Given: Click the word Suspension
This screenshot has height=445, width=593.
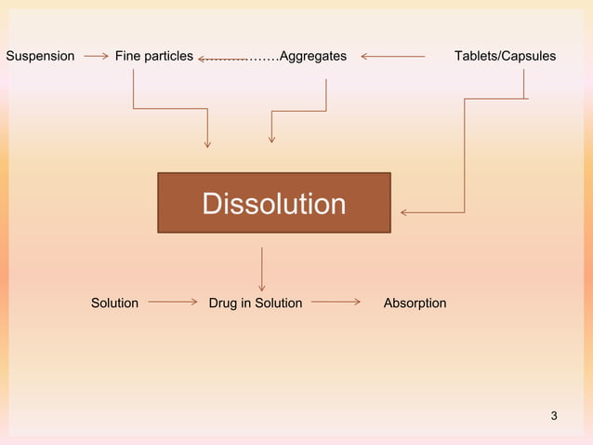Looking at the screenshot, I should tap(40, 56).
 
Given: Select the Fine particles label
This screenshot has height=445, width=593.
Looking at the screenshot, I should tap(153, 56).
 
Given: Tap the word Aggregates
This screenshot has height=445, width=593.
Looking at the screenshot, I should tap(313, 56).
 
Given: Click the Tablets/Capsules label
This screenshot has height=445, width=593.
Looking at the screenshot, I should tap(505, 56).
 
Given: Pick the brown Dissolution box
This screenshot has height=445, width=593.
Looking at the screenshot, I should tap(273, 203).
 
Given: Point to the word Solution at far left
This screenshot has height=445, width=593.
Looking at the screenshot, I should tap(114, 303).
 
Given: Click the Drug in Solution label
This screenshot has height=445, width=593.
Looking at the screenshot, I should tap(256, 303).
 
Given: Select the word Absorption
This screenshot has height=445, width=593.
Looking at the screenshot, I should tap(415, 303).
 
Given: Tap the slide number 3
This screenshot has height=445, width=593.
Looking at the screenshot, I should tap(554, 415).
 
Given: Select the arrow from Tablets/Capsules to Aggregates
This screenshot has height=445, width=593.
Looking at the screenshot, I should tap(392, 56).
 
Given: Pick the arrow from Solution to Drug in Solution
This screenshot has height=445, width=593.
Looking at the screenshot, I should tap(173, 302).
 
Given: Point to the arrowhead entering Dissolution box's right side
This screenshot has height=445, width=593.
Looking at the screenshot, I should tap(405, 213).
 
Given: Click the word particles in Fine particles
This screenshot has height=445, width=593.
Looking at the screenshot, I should tap(167, 56).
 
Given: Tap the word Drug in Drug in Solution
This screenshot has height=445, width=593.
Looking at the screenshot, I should tap(223, 303).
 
